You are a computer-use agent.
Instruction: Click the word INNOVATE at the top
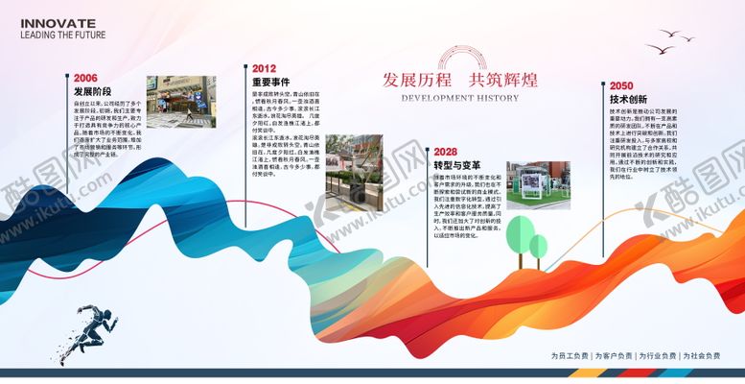click(58, 22)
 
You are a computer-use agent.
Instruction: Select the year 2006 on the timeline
click(85, 78)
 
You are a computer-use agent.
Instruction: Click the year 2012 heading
click(265, 69)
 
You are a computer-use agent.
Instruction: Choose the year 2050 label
click(621, 84)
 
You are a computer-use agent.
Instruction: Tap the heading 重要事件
click(270, 83)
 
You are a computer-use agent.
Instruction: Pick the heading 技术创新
click(628, 99)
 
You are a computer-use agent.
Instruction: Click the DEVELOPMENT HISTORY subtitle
click(459, 98)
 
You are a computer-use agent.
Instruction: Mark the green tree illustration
click(526, 242)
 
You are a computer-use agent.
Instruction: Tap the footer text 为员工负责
click(570, 356)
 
